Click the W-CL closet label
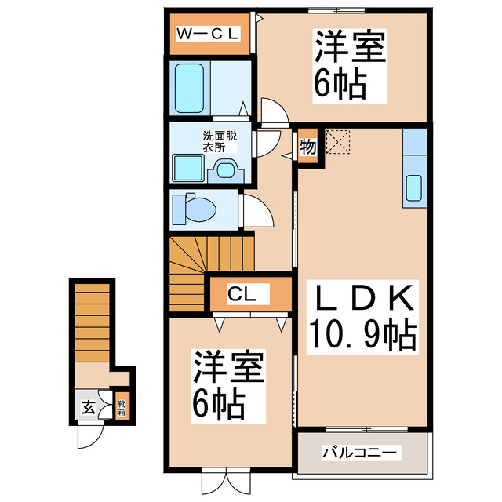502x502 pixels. pos(207,34)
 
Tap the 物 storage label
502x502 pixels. pos(307,146)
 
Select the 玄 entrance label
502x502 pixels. pos(88,407)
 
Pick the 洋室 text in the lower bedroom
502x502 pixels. pos(228,366)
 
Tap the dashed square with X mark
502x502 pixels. pos(339,142)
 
